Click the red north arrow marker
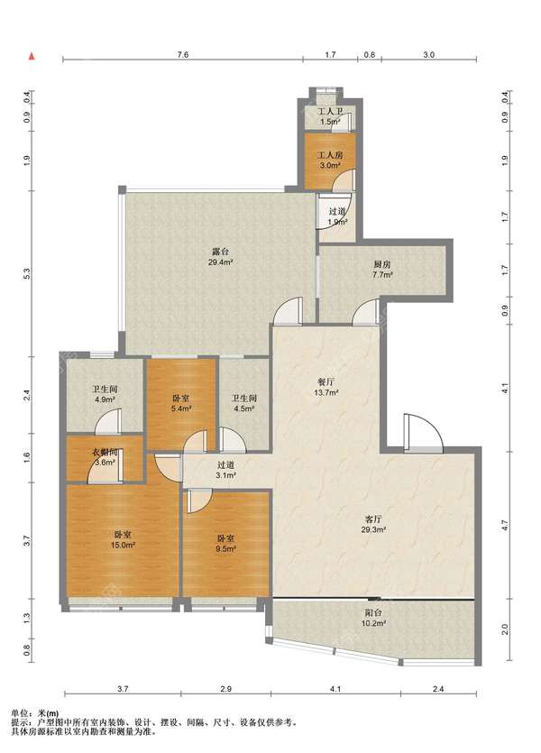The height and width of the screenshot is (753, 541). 32,56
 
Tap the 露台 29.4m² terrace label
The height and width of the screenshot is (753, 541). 221,256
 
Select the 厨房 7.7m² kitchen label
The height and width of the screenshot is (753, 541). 381,270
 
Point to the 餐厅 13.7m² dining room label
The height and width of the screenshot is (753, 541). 326,387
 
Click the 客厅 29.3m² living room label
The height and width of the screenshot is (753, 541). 374,525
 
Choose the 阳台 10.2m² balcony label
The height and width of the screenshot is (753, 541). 374,618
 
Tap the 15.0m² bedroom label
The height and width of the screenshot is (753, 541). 124,539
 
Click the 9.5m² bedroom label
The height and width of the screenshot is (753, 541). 225,544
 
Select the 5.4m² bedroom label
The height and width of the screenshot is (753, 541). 181,403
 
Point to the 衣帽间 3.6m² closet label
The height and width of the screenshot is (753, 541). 105,457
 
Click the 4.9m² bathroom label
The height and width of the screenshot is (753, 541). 105,394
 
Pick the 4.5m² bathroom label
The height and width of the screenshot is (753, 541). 243,403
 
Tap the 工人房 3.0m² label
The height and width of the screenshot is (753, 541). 330,161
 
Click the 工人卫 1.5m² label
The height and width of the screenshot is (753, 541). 330,116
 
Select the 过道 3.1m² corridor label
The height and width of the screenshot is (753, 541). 225,470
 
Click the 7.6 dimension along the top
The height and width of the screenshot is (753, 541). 183,54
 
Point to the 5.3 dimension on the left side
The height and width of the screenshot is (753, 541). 27,274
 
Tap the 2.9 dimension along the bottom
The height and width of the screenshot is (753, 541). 226,689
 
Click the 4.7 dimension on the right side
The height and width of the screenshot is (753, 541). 505,526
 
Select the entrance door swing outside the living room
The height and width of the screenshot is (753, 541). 423,432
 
